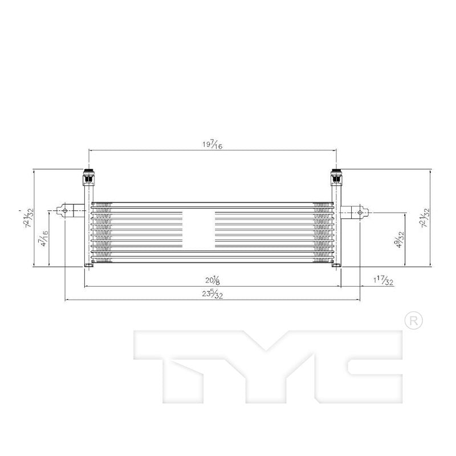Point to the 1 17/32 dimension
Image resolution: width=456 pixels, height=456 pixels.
coord(383,280)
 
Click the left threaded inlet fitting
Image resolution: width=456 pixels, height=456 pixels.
coord(88,178)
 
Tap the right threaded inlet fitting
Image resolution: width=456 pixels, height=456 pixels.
coord(336,178)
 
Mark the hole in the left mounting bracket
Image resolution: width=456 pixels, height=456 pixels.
coord(66,211)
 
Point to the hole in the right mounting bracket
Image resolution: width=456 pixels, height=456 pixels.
coord(359,213)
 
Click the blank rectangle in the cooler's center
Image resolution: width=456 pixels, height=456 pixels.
coord(198,229)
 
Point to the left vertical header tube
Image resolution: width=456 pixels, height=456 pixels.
coord(87,228)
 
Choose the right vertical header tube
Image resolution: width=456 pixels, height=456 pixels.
coord(336,228)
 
